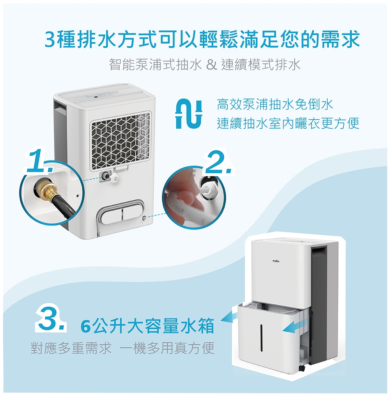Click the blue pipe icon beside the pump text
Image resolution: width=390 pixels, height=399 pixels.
click(190, 113)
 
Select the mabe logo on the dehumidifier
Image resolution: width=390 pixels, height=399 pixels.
click(276, 260)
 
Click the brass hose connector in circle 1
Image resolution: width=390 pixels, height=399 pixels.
click(47, 191)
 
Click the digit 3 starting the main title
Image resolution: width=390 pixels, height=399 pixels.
click(50, 39)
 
